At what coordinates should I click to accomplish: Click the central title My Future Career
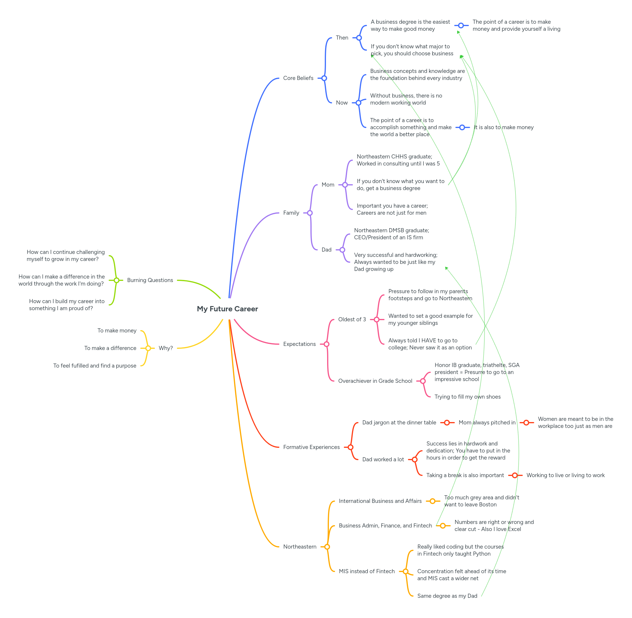pyautogui.click(x=227, y=309)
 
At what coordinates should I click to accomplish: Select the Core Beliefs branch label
pyautogui.click(x=298, y=78)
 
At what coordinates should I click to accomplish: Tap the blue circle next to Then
pyautogui.click(x=359, y=38)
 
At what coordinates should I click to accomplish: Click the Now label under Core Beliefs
pyautogui.click(x=341, y=103)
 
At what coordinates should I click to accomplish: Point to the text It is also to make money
pyautogui.click(x=503, y=127)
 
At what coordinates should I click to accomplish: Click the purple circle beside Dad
pyautogui.click(x=342, y=250)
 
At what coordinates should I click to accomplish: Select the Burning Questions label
pyautogui.click(x=150, y=280)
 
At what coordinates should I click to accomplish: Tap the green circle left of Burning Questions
pyautogui.click(x=116, y=280)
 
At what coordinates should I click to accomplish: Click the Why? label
pyautogui.click(x=165, y=348)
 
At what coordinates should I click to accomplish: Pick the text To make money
pyautogui.click(x=117, y=330)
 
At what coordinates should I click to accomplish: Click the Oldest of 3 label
pyautogui.click(x=352, y=319)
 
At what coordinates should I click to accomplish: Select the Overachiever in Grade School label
pyautogui.click(x=375, y=381)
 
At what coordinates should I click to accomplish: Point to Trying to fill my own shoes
pyautogui.click(x=467, y=397)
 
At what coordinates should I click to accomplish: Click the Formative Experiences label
pyautogui.click(x=311, y=447)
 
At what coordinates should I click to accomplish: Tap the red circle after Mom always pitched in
pyautogui.click(x=526, y=423)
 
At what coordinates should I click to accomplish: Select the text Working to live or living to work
pyautogui.click(x=565, y=475)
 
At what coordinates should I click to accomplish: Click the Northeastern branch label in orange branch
pyautogui.click(x=300, y=547)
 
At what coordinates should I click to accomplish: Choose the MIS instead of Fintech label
pyautogui.click(x=366, y=571)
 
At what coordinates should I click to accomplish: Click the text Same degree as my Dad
pyautogui.click(x=447, y=596)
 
